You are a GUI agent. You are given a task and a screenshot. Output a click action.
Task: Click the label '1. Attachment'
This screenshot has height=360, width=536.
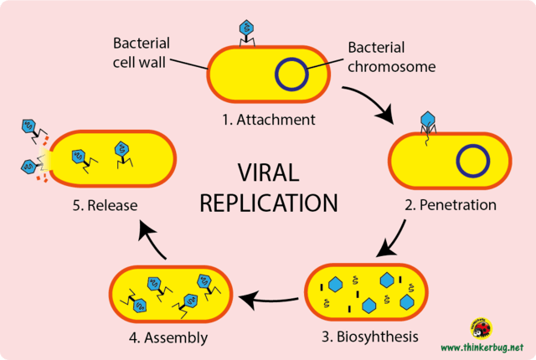point(269,120)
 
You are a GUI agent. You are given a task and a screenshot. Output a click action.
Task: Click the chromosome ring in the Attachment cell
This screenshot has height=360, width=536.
point(291,75)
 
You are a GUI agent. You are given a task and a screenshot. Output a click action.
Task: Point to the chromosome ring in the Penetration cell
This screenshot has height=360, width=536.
point(472,161)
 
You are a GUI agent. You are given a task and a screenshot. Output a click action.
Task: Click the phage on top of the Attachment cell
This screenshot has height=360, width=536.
point(247,31)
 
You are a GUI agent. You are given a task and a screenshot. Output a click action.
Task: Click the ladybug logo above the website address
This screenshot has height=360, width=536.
point(480,327)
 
